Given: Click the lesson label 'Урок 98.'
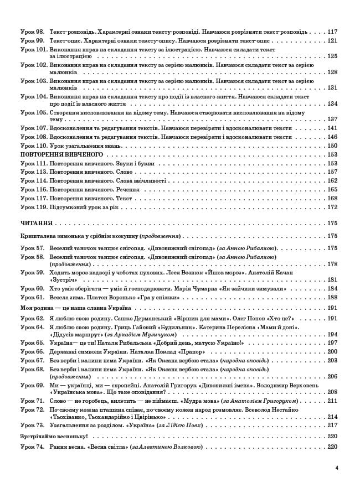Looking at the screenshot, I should pos(32,32).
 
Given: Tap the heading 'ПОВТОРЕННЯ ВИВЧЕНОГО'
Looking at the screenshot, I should pos(54,154).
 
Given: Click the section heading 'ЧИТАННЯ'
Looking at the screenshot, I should pos(36,223).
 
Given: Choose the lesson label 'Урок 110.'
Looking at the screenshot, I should pos(34,146).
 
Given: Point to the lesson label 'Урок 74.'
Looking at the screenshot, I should pos(32,447).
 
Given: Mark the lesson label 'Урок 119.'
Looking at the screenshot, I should pos(34,207).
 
